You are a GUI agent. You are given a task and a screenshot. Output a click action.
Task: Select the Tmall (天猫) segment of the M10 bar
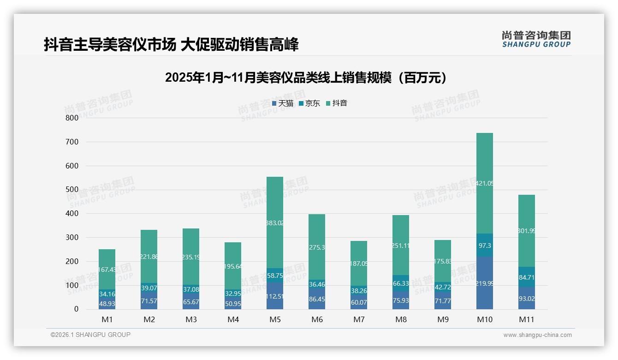click(484, 283)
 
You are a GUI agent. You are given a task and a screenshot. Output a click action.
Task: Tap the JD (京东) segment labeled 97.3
click(484, 245)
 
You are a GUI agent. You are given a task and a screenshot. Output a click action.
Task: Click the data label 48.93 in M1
click(107, 303)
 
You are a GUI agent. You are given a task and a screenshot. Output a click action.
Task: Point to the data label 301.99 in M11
click(526, 231)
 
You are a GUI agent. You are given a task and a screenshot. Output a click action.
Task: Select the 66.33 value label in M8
click(400, 283)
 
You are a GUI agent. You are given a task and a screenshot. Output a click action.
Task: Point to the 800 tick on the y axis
click(72, 118)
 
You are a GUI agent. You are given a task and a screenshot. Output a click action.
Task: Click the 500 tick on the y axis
click(72, 190)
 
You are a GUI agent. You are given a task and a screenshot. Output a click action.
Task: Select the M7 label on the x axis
click(359, 319)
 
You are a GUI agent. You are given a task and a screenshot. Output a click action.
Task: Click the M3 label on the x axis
click(191, 319)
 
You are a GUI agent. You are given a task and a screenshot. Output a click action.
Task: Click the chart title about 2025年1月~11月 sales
click(308, 78)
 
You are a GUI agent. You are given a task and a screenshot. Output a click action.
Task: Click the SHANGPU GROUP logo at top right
click(536, 39)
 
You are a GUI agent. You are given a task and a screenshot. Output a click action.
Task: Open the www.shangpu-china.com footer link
click(537, 335)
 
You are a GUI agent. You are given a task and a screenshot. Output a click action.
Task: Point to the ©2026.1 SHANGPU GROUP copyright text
click(90, 335)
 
